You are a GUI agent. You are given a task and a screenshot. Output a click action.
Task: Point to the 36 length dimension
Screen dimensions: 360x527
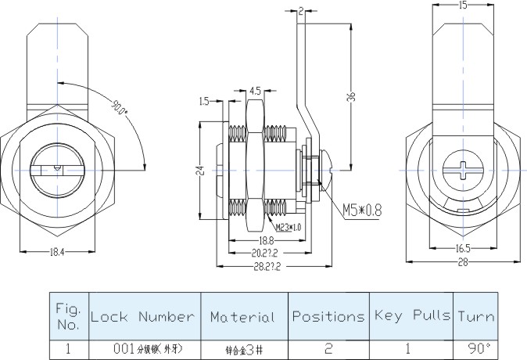point(351,98)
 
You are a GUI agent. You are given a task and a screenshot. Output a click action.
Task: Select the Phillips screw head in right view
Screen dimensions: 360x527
point(461,168)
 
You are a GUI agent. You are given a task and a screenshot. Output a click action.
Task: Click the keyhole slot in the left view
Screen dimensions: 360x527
point(50,167)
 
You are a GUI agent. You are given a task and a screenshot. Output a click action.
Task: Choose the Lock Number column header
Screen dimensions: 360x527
point(142,317)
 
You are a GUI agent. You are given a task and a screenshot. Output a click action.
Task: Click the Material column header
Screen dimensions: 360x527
point(242,317)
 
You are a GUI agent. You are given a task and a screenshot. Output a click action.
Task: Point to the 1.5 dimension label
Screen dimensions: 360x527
point(203,101)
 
